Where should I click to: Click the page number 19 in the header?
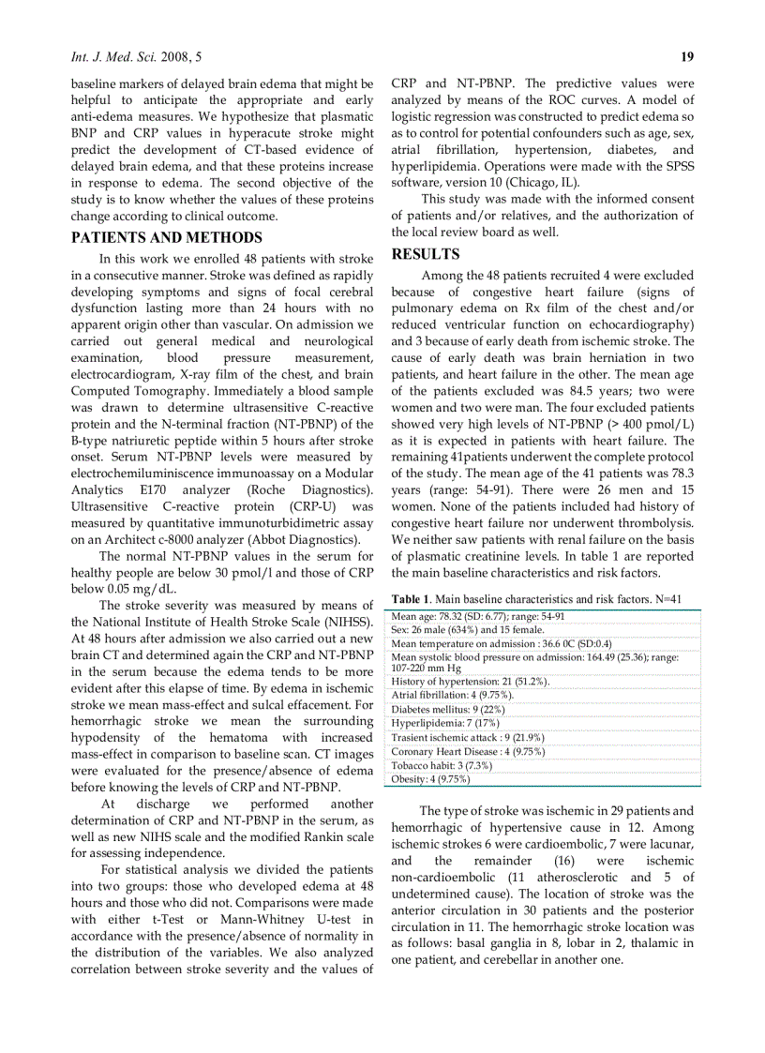[686, 57]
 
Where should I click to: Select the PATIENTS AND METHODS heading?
[167, 237]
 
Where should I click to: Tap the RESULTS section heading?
[425, 254]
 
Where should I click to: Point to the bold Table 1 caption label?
[412, 598]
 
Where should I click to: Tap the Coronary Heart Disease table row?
[455, 751]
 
